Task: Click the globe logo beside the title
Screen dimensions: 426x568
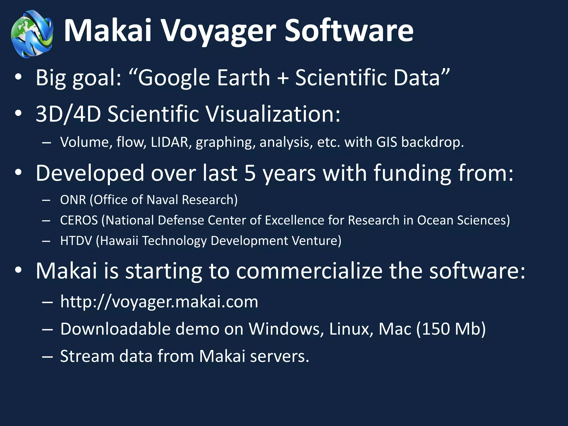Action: coord(32,34)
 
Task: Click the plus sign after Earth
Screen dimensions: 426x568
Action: coord(283,78)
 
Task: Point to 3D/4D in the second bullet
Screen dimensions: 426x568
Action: coord(68,114)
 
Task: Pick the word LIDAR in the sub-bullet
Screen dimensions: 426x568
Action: coord(170,142)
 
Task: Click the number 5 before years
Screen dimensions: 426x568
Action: coord(250,173)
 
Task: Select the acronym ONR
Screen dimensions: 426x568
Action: coord(73,200)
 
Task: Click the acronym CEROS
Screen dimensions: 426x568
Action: coord(79,220)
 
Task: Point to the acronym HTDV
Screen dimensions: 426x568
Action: coord(76,241)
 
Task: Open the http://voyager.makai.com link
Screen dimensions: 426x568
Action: coord(159,302)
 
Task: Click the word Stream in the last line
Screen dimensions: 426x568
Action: coord(87,356)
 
